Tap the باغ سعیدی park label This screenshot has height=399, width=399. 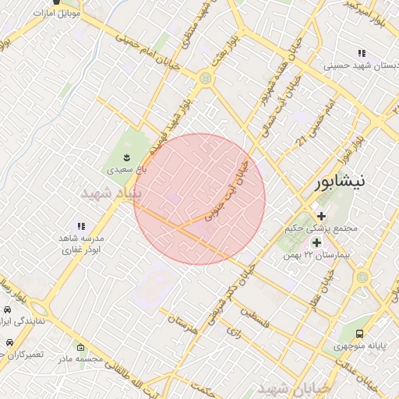pyautogui.click(x=125, y=167)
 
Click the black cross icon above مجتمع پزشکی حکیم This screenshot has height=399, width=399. pyautogui.click(x=321, y=216)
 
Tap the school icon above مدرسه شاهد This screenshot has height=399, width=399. pyautogui.click(x=81, y=226)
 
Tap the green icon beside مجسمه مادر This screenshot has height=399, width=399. pyautogui.click(x=79, y=346)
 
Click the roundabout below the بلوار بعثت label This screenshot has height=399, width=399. pyautogui.click(x=205, y=78)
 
